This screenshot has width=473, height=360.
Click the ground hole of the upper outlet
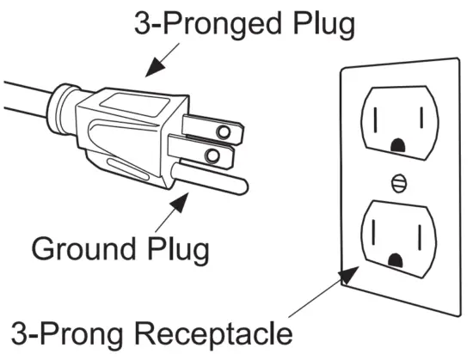[396, 146]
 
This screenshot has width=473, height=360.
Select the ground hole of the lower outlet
[396, 258]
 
